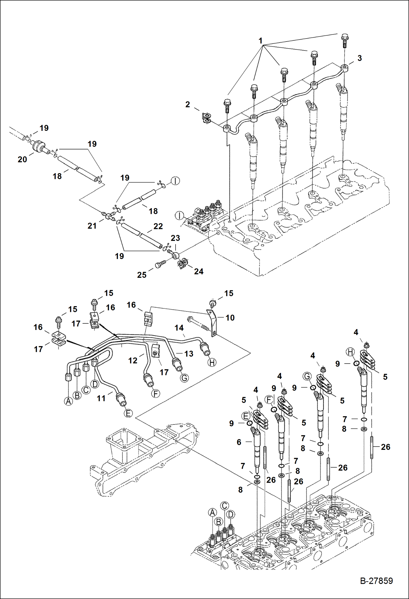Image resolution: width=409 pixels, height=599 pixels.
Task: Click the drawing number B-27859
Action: (376, 581)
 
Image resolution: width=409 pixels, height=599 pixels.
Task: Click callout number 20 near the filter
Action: (22, 160)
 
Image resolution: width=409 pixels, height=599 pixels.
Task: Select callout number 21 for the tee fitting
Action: (92, 226)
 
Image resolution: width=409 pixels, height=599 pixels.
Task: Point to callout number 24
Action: (198, 272)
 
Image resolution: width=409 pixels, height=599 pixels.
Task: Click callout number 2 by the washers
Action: (188, 104)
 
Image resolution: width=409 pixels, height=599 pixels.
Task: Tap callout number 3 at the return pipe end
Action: (360, 58)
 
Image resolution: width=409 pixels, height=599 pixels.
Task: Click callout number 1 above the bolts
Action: (260, 41)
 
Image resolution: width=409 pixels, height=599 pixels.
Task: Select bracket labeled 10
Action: (212, 322)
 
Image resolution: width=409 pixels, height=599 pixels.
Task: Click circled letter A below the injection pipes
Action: (69, 401)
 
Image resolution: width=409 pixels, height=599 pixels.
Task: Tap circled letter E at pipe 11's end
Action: (128, 413)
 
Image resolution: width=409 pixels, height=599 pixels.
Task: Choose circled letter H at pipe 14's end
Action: (212, 362)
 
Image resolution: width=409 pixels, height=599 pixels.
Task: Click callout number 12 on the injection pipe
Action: (133, 361)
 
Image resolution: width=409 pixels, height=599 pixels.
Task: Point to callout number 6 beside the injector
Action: (239, 442)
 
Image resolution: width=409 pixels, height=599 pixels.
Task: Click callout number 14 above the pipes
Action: (179, 328)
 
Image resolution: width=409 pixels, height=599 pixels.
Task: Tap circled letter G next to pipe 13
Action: (185, 378)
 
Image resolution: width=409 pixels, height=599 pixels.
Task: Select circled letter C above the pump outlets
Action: (224, 506)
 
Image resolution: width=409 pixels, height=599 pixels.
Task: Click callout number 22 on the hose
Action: (158, 226)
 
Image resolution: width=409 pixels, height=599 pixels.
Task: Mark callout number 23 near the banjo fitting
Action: (175, 238)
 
